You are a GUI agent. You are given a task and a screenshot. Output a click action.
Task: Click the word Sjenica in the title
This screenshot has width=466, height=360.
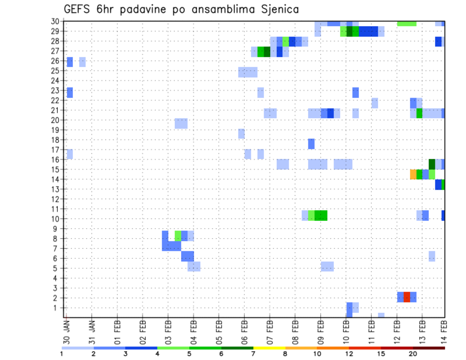click(278, 9)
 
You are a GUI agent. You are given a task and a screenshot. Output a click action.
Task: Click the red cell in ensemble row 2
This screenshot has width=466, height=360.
click(407, 297)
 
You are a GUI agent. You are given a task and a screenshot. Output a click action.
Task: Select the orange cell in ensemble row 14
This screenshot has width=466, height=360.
click(413, 174)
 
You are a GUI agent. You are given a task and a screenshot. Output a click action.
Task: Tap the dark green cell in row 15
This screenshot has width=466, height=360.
click(432, 164)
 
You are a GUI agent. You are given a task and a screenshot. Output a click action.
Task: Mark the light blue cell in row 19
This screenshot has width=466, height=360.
click(241, 133)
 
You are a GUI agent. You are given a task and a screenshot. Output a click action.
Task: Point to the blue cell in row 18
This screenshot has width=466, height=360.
click(311, 144)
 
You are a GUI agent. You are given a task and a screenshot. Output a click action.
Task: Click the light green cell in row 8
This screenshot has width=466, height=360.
click(178, 236)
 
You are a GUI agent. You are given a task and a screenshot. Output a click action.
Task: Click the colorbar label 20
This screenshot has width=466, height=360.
click(413, 353)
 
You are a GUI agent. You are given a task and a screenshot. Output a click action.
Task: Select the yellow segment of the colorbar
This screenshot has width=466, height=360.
click(269, 347)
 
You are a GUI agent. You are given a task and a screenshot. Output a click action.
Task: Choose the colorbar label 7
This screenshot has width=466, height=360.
click(253, 353)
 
